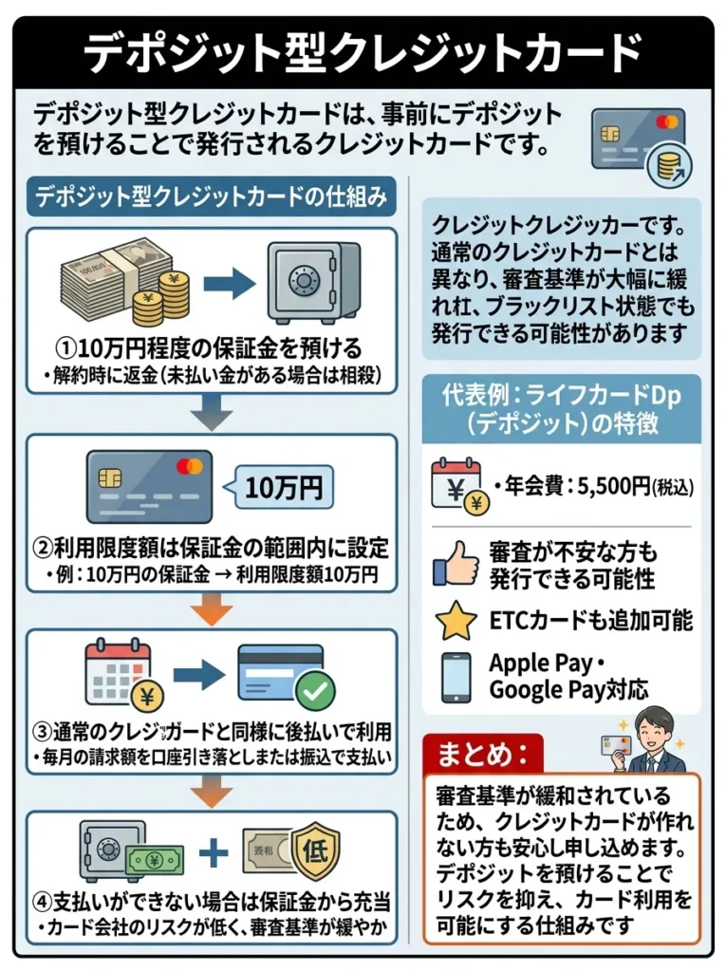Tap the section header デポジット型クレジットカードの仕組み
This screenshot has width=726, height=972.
click(x=211, y=198)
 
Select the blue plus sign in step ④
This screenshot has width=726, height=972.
click(x=214, y=850)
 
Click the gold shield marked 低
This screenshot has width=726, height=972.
click(x=313, y=849)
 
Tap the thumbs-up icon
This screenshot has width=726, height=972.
click(x=455, y=564)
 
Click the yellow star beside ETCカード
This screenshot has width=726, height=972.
click(x=456, y=622)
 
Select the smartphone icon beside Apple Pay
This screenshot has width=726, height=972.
click(x=456, y=676)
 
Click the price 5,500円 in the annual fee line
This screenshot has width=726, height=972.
click(x=607, y=486)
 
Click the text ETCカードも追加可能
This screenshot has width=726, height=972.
click(x=590, y=621)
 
